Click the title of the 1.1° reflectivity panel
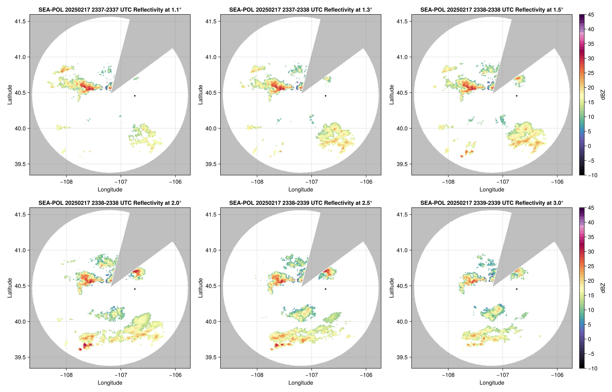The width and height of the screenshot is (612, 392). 110,10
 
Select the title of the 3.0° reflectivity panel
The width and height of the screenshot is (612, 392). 492,203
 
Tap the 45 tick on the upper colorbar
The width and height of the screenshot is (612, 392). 591,15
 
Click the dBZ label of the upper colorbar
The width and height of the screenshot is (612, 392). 603,95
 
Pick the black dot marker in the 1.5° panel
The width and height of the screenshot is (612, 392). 517,96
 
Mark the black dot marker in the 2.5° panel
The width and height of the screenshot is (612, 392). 325,289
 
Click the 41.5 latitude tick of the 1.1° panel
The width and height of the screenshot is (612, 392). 20,21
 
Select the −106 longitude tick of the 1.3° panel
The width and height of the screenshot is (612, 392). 366,182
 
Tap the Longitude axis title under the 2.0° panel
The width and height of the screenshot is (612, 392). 110,383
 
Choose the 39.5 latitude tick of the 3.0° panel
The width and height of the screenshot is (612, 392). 402,357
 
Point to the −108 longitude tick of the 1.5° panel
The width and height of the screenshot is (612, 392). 448,182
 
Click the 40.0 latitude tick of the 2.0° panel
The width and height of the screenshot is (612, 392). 20,322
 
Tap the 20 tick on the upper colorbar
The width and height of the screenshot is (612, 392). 591,88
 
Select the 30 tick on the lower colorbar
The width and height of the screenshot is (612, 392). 591,251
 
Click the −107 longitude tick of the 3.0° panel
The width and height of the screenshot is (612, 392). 503,375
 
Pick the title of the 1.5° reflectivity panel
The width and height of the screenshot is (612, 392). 492,10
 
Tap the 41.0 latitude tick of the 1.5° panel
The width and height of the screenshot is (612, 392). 402,57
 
